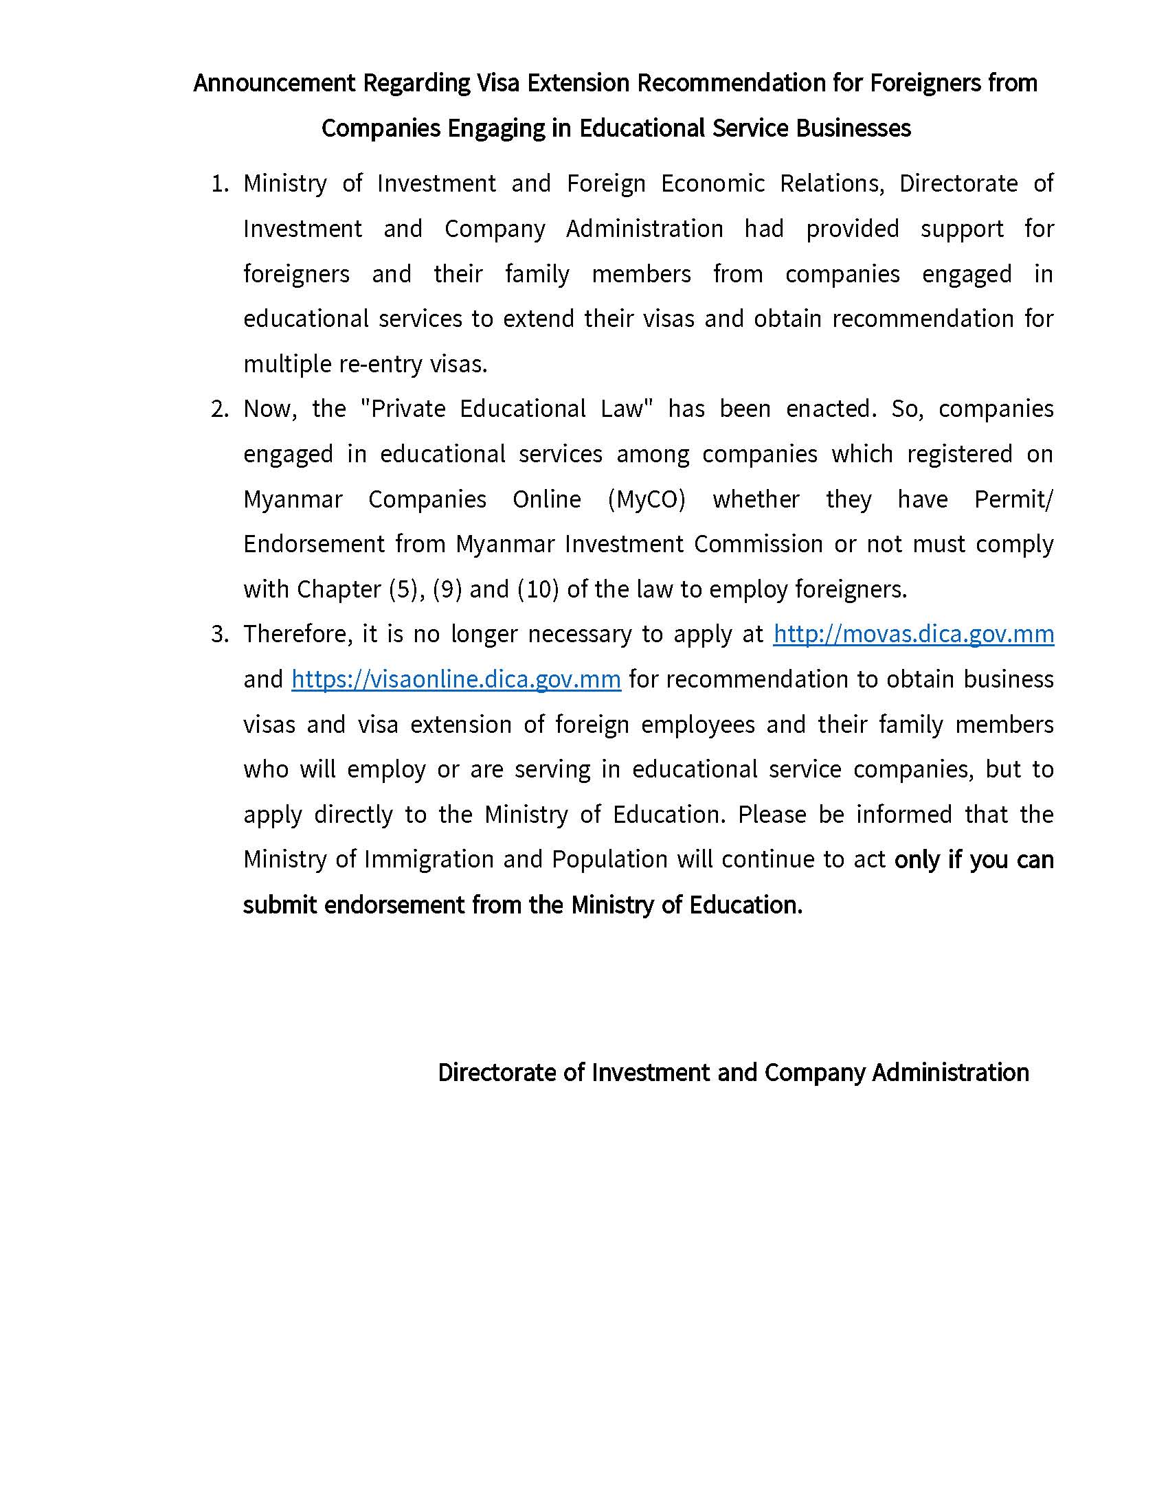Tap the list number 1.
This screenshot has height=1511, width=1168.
[219, 183]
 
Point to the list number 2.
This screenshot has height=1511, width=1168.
[219, 409]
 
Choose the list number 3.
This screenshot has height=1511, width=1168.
[219, 634]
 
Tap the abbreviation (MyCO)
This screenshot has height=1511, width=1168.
[647, 499]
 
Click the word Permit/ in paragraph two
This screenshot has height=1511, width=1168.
[1013, 499]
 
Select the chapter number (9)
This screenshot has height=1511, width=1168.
[447, 589]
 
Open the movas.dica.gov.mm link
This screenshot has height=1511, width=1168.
[913, 634]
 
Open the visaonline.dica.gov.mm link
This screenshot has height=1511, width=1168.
[456, 679]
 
